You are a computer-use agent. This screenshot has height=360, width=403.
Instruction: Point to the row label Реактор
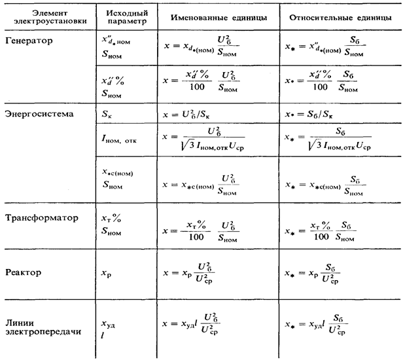tap(22, 272)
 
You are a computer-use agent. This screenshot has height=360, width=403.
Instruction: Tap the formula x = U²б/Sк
tap(196, 113)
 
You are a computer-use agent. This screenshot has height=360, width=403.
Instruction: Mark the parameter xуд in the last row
tap(109, 323)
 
